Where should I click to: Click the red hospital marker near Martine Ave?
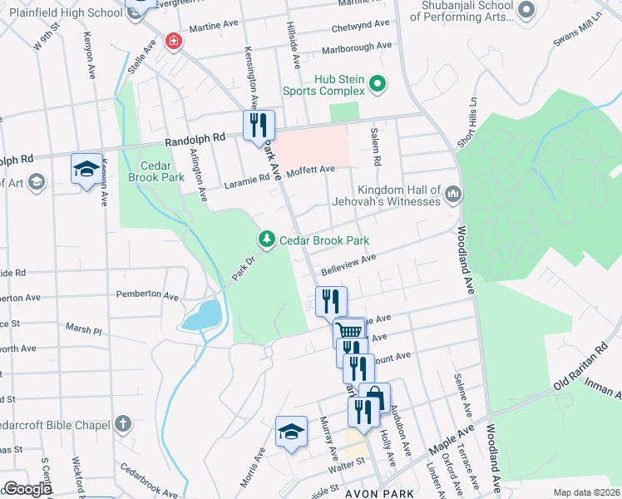[173, 41]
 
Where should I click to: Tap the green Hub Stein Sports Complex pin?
[377, 82]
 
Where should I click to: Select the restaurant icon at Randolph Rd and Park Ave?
[259, 125]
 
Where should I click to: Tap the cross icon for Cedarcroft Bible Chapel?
[123, 423]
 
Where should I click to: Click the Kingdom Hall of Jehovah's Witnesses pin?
[453, 195]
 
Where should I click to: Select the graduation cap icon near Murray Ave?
[290, 431]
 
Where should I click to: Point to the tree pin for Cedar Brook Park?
[266, 240]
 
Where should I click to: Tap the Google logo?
[27, 489]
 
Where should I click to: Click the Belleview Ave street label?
[349, 264]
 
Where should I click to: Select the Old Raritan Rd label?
[586, 379]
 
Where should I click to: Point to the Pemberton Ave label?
[147, 295]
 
